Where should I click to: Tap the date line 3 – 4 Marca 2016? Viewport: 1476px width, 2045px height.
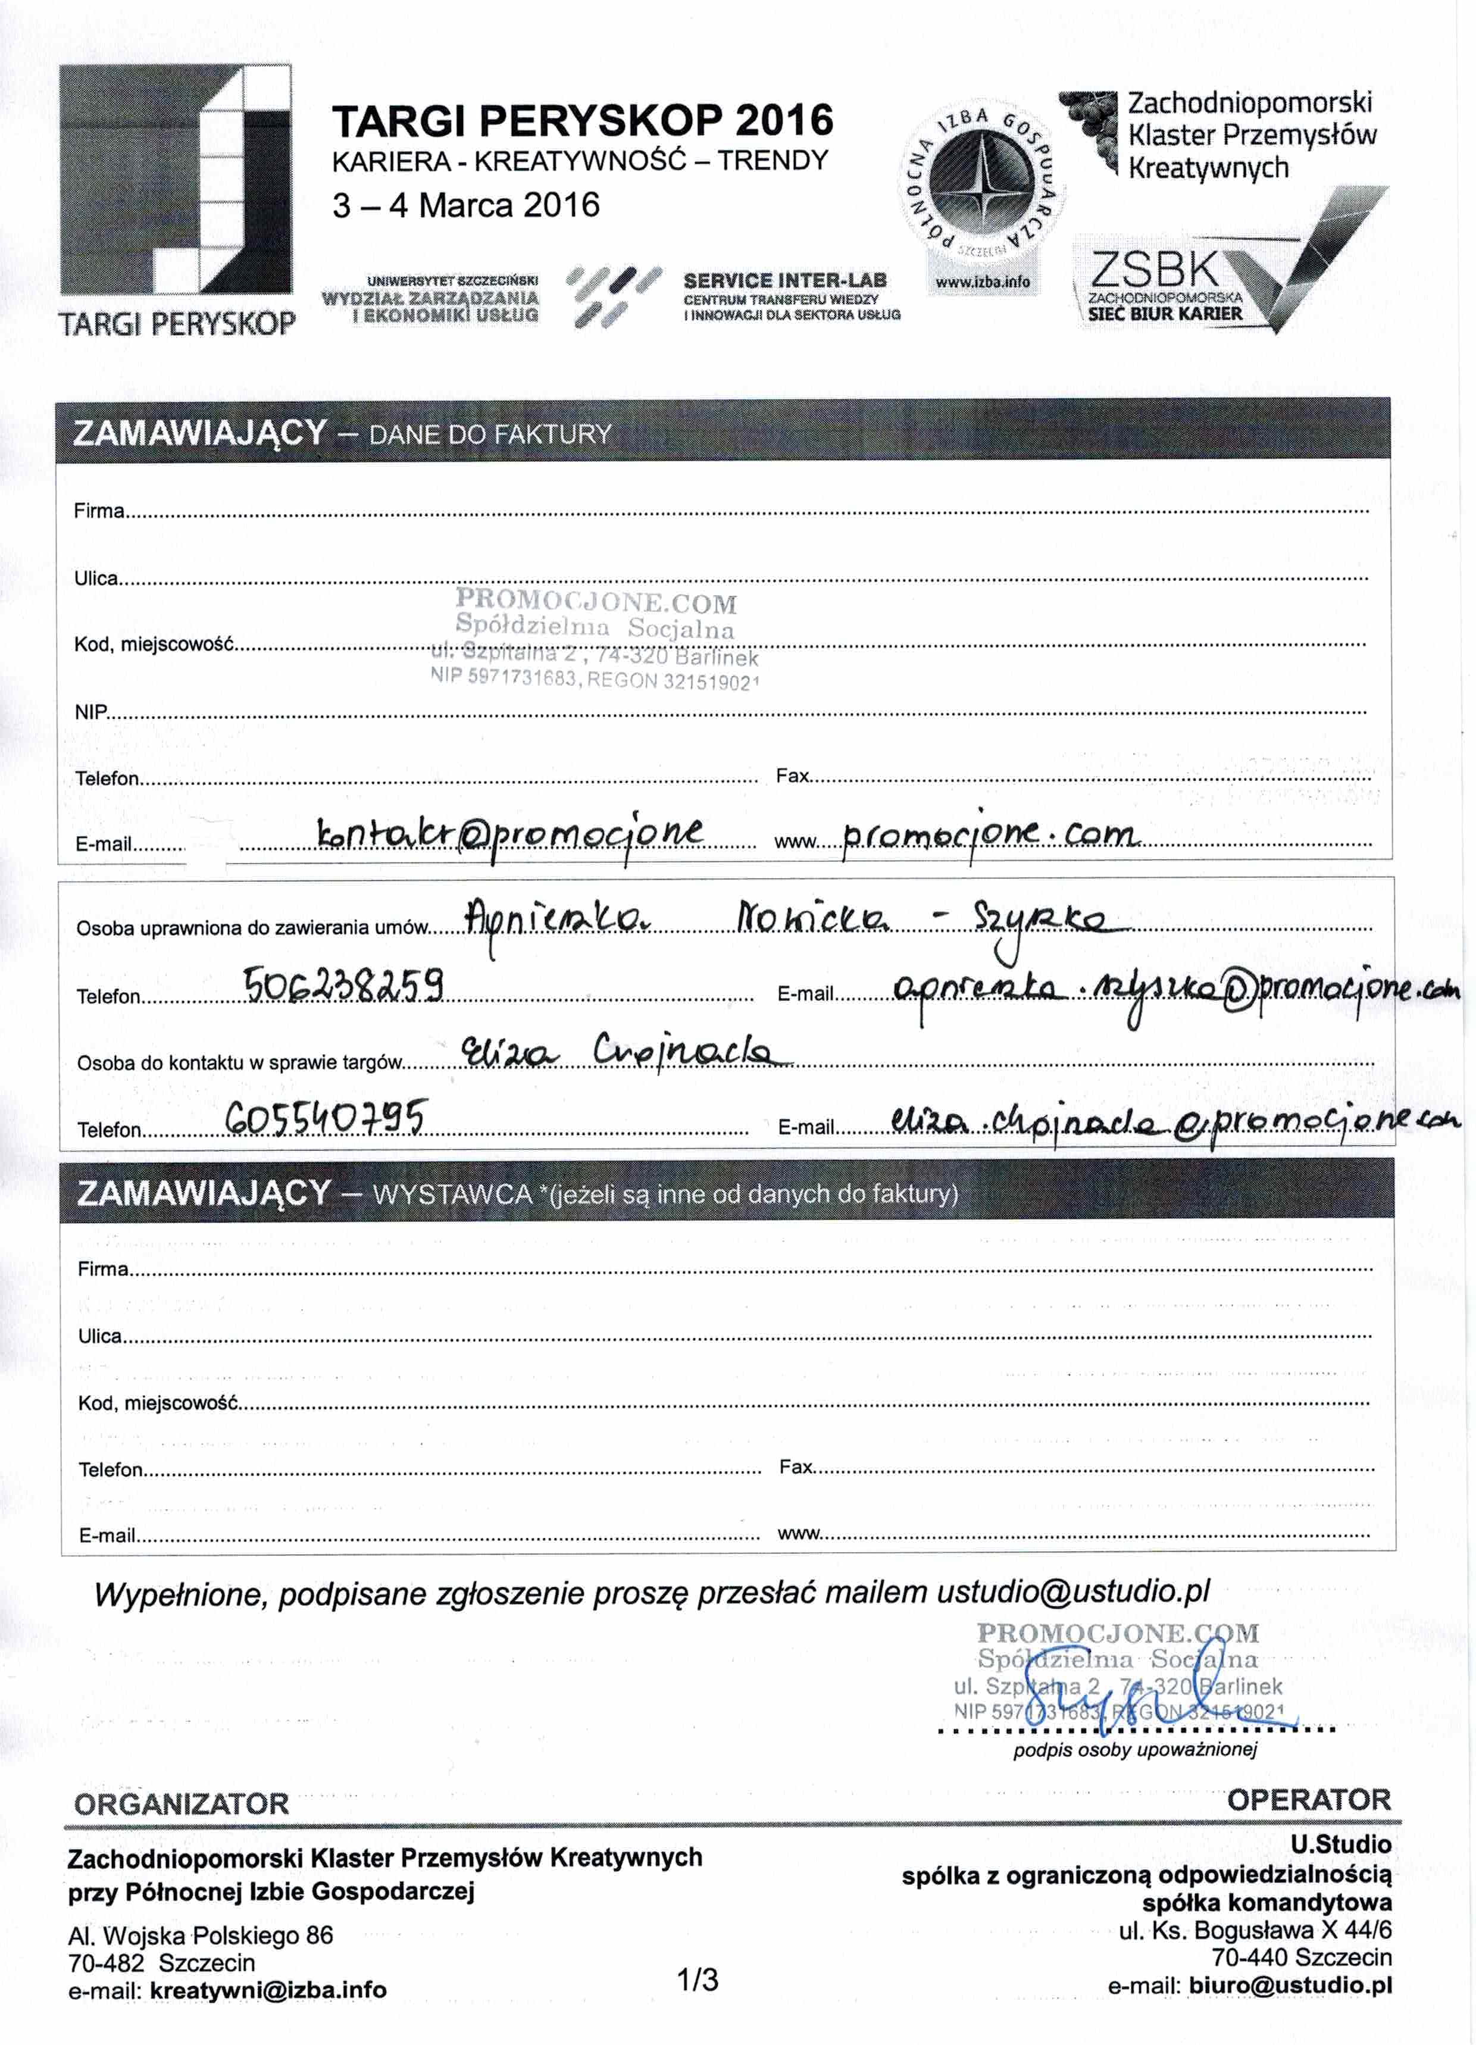(465, 205)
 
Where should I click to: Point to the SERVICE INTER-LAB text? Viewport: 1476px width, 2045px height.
(784, 280)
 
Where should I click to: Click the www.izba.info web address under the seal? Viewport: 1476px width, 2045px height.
(982, 282)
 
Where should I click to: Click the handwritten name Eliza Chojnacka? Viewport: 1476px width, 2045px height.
(627, 1050)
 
